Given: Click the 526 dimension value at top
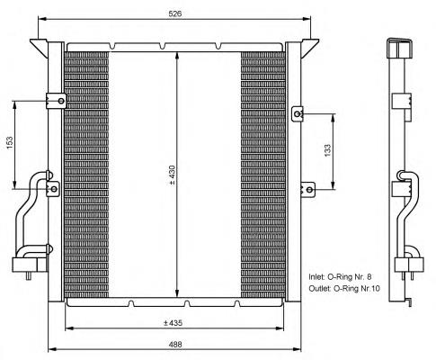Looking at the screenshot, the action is click(x=175, y=13).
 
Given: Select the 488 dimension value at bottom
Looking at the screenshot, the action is click(x=175, y=344).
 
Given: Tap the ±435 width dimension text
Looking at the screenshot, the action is click(x=173, y=323).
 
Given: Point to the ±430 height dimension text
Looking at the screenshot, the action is click(x=172, y=175).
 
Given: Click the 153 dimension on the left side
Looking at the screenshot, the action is click(x=10, y=143).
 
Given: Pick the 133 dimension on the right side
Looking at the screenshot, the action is click(x=327, y=150).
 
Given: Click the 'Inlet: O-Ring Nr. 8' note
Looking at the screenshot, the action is click(x=340, y=276).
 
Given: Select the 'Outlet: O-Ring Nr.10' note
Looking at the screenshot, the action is click(x=344, y=289).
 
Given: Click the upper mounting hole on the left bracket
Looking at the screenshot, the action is click(x=61, y=101).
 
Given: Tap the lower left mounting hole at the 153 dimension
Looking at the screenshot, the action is click(x=54, y=189).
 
